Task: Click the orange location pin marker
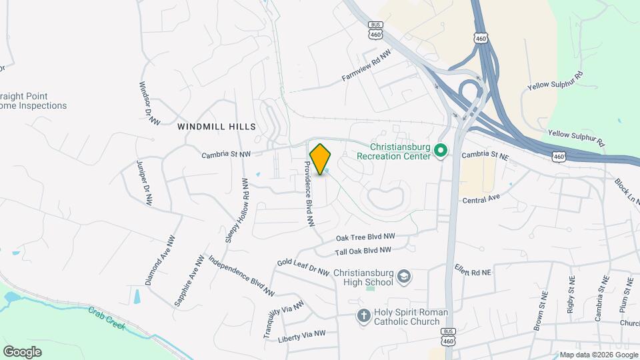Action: coord(321,159)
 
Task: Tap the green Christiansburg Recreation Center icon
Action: coord(440,151)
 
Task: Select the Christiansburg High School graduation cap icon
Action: coord(403,276)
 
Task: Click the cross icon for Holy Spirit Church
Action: coord(364,316)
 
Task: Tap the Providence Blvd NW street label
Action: coord(309,195)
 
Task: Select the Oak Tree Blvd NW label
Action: coord(365,237)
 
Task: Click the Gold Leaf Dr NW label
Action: coord(303,267)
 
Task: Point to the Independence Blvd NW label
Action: coord(241,275)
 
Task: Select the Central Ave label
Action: coord(481,199)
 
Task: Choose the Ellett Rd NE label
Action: coord(472,273)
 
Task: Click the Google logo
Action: coord(22,351)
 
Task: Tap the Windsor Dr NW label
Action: coord(150,103)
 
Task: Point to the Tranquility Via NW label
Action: coord(283,319)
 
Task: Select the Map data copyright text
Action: coord(597,355)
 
